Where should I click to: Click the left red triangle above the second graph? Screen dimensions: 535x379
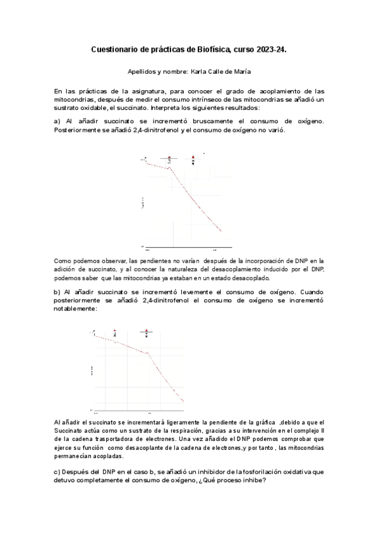[114, 330]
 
